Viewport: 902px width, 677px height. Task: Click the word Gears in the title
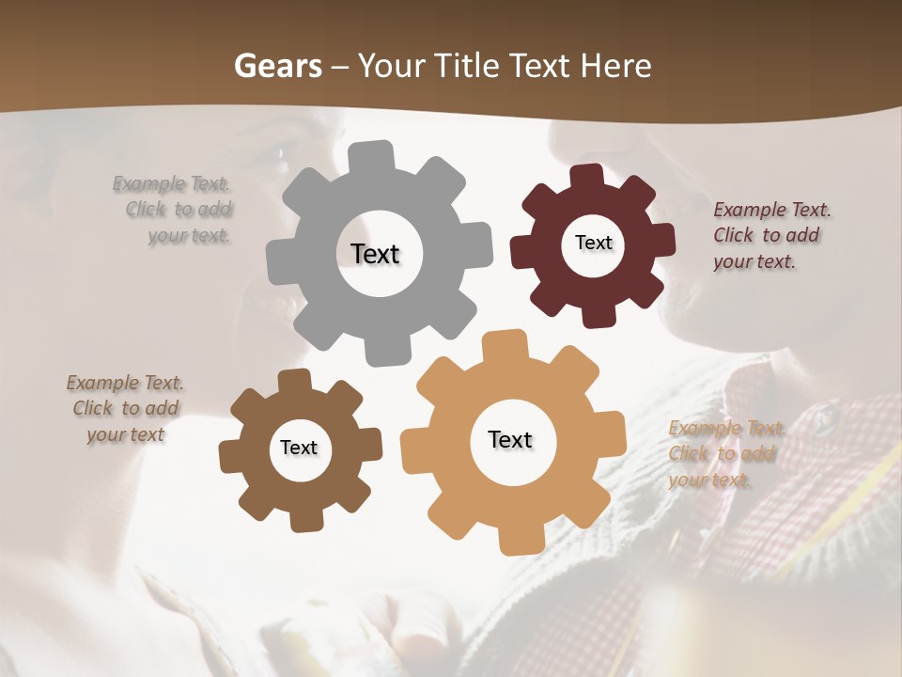277,66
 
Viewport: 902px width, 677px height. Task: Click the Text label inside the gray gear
375,254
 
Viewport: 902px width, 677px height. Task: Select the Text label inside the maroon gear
593,243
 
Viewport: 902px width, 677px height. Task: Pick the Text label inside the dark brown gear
299,448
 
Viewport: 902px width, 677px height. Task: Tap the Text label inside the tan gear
510,439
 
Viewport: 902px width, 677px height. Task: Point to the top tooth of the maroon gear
587,177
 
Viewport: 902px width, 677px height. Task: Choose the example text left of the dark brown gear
126,408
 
